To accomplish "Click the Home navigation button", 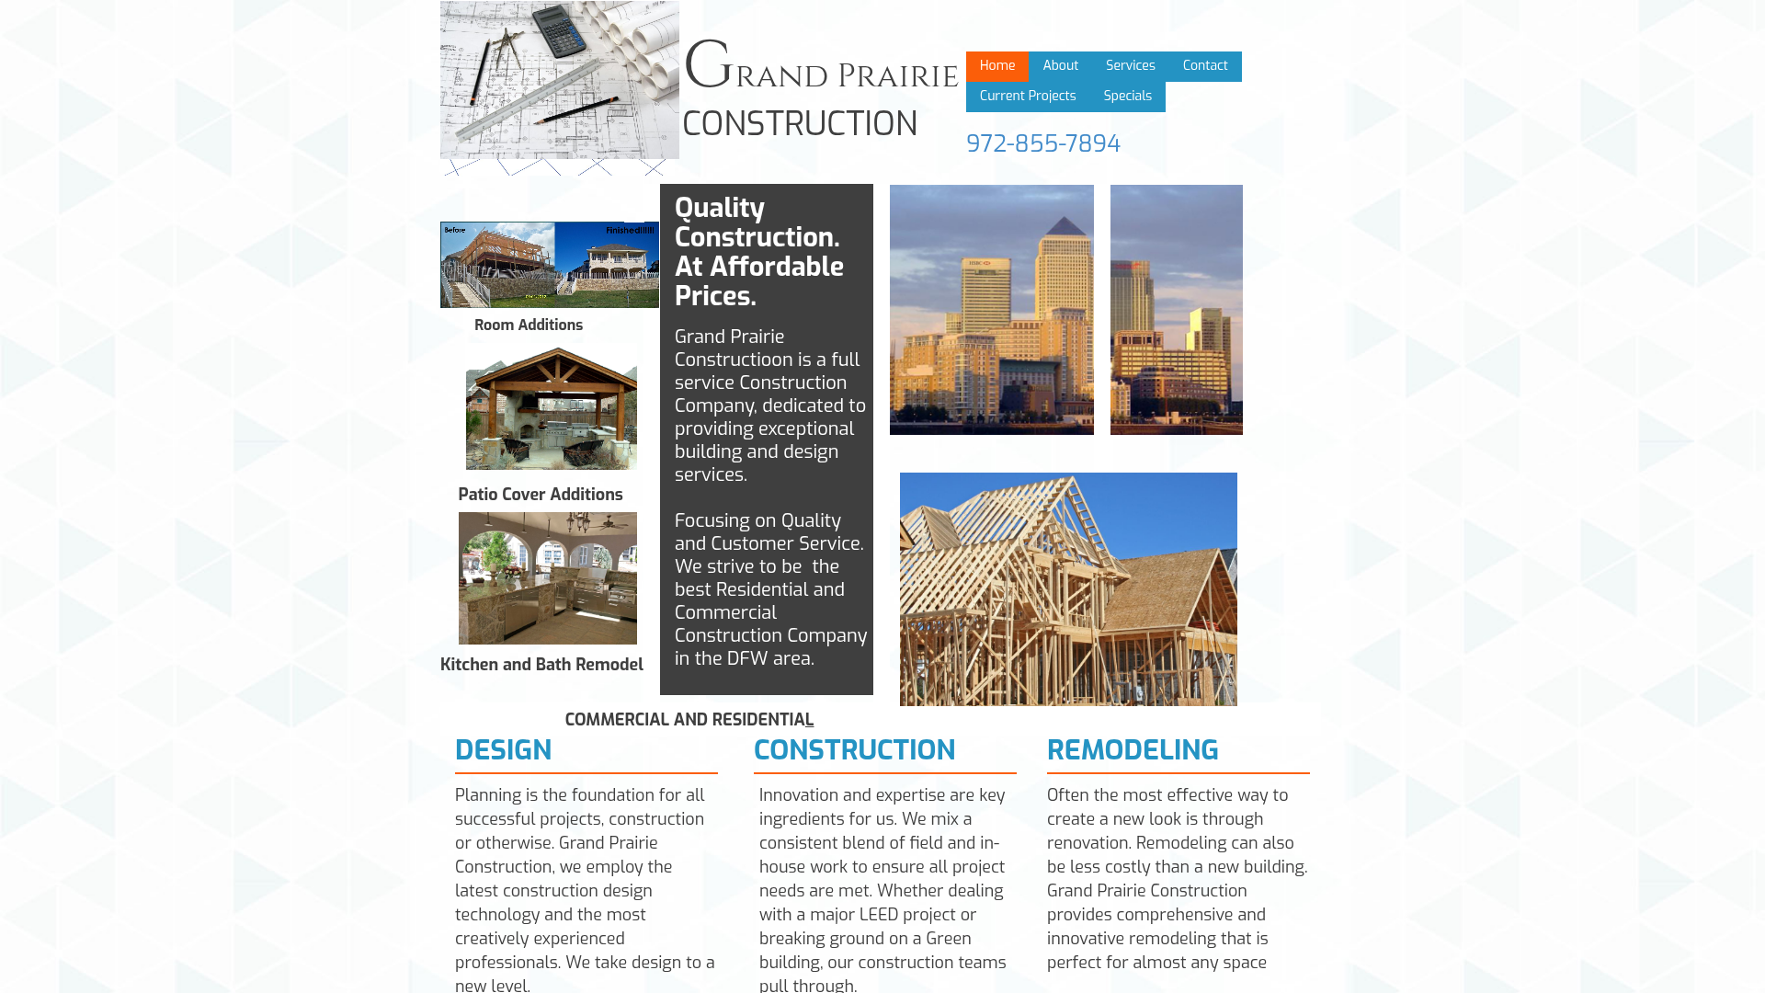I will pos(997,66).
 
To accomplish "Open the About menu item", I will pos(1060,66).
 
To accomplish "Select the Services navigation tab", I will pos(1130,66).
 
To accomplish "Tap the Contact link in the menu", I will pos(1204,66).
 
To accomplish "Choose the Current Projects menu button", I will pos(1027,97).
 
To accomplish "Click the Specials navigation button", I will pos(1127,97).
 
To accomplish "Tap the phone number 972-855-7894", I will pos(1042,144).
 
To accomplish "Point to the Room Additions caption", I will pos(528,325).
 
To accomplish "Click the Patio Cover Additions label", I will pos(540,496).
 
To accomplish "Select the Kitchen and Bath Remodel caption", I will pos(541,666).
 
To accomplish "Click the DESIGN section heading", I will pos(503,751).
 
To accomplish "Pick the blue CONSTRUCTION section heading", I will pos(854,751).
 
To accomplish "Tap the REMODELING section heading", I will pos(1132,751).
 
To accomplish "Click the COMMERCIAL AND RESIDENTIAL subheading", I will pos(689,721).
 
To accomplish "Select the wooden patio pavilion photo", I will pos(551,408).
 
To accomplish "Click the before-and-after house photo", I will pos(549,265).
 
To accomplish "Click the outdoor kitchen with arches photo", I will pos(547,578).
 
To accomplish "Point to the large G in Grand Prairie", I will pos(707,66).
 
